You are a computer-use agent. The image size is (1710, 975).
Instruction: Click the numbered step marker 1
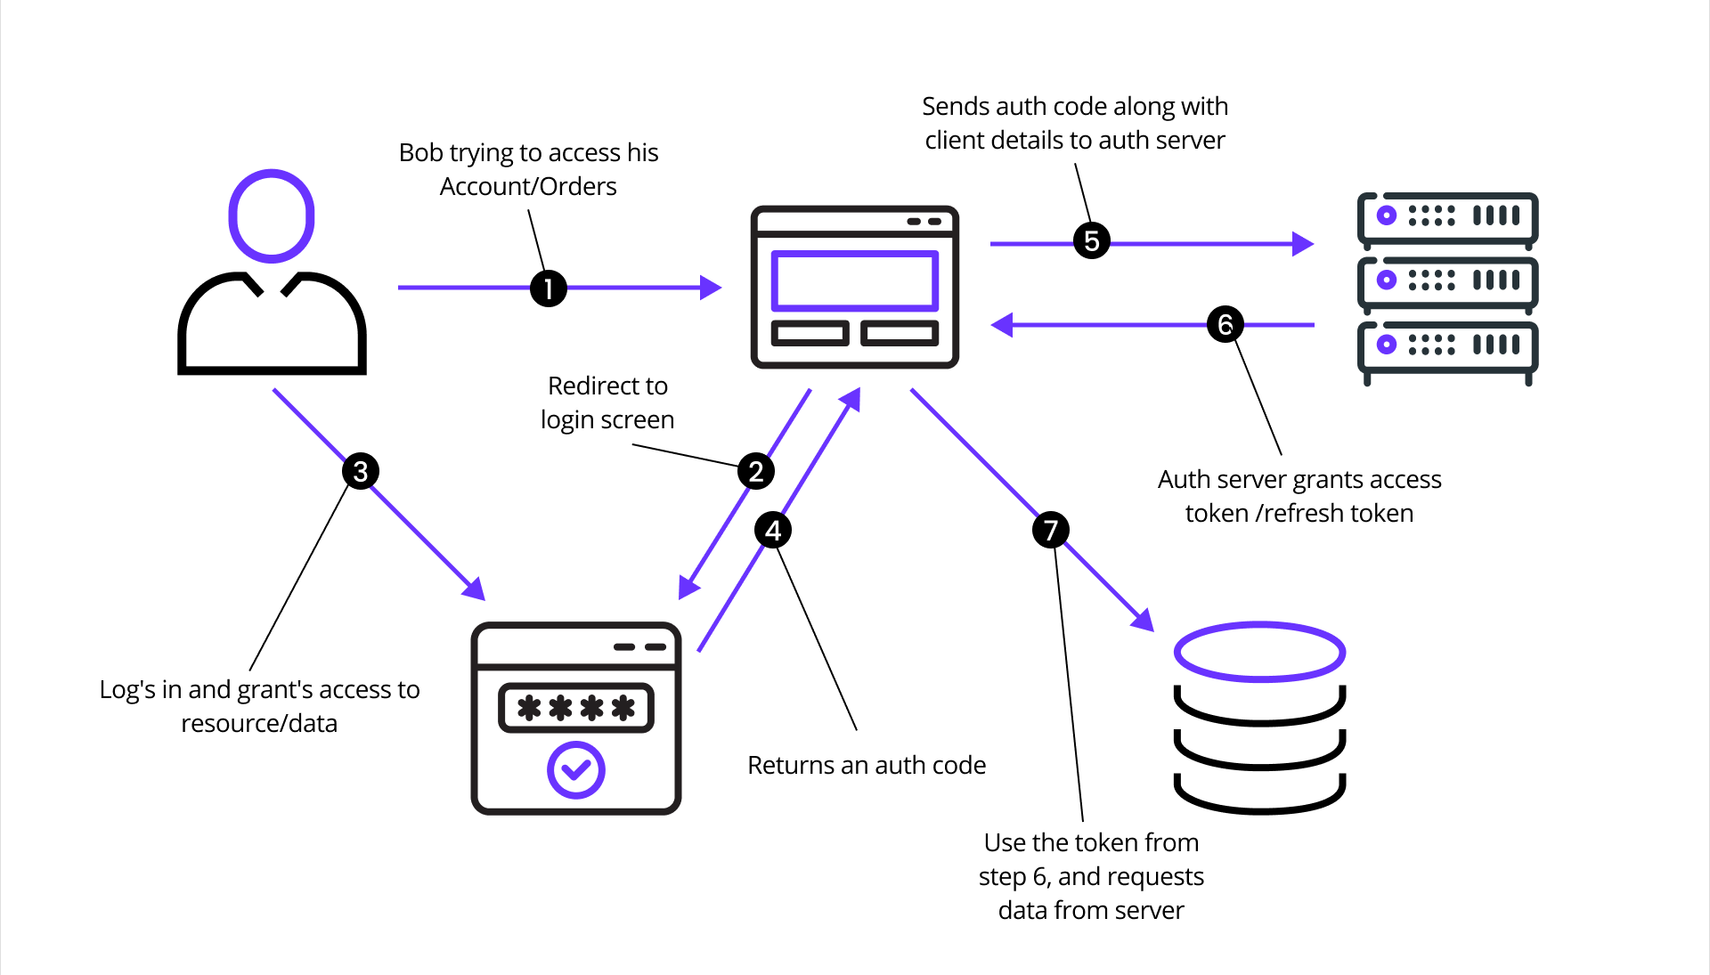pyautogui.click(x=549, y=288)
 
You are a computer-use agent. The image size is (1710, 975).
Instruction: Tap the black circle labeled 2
pyautogui.click(x=755, y=471)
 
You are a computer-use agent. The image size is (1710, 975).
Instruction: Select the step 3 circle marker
pyautogui.click(x=361, y=471)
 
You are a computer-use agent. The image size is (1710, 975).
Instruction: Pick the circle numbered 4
pyautogui.click(x=773, y=531)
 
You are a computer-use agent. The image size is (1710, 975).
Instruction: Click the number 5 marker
pyautogui.click(x=1092, y=240)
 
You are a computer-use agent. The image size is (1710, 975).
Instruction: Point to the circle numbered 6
pyautogui.click(x=1225, y=324)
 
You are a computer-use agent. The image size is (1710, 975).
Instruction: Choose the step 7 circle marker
pyautogui.click(x=1051, y=530)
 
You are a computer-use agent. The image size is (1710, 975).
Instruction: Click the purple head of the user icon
pyautogui.click(x=272, y=216)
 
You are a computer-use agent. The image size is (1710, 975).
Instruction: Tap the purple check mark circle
pyautogui.click(x=576, y=769)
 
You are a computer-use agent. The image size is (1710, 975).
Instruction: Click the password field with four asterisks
pyautogui.click(x=576, y=708)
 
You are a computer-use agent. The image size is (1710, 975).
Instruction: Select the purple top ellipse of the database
pyautogui.click(x=1259, y=652)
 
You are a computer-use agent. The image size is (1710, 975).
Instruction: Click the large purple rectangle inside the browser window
pyautogui.click(x=855, y=280)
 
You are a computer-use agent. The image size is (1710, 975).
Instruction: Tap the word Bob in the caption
pyautogui.click(x=420, y=153)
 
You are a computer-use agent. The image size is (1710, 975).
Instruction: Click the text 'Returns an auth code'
pyautogui.click(x=867, y=766)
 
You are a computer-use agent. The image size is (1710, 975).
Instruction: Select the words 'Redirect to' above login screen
pyautogui.click(x=607, y=386)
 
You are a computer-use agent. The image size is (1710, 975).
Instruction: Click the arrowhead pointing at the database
pyautogui.click(x=1143, y=621)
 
